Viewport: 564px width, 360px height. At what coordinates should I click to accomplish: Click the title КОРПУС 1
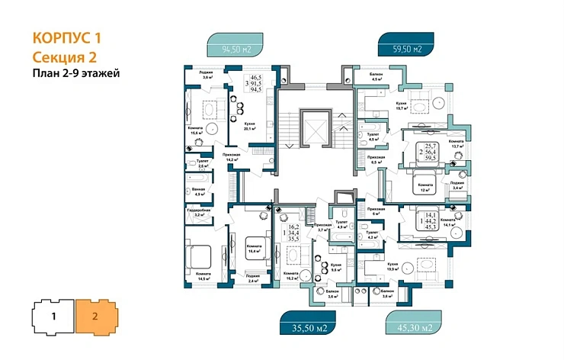pos(68,37)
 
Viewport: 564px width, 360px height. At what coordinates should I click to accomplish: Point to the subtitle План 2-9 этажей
pos(76,74)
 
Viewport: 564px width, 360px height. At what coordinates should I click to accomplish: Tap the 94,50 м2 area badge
pos(237,51)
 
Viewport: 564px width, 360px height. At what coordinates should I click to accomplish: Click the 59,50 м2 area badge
pos(407,51)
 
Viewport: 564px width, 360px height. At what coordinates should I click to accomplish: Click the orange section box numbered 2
pos(95,314)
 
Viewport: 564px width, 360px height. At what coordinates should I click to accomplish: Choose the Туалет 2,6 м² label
pos(203,163)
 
